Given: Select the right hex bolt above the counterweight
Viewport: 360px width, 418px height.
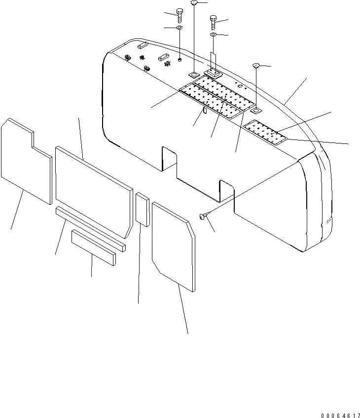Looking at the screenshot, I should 213,22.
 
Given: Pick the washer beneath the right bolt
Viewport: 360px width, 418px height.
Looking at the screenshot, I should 213,35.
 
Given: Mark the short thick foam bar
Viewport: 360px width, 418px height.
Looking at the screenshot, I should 94,246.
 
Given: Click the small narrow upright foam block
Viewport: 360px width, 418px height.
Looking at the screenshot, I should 143,209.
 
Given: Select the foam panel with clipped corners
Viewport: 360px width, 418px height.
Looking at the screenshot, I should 174,244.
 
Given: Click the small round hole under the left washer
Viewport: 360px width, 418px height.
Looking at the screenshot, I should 180,60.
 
